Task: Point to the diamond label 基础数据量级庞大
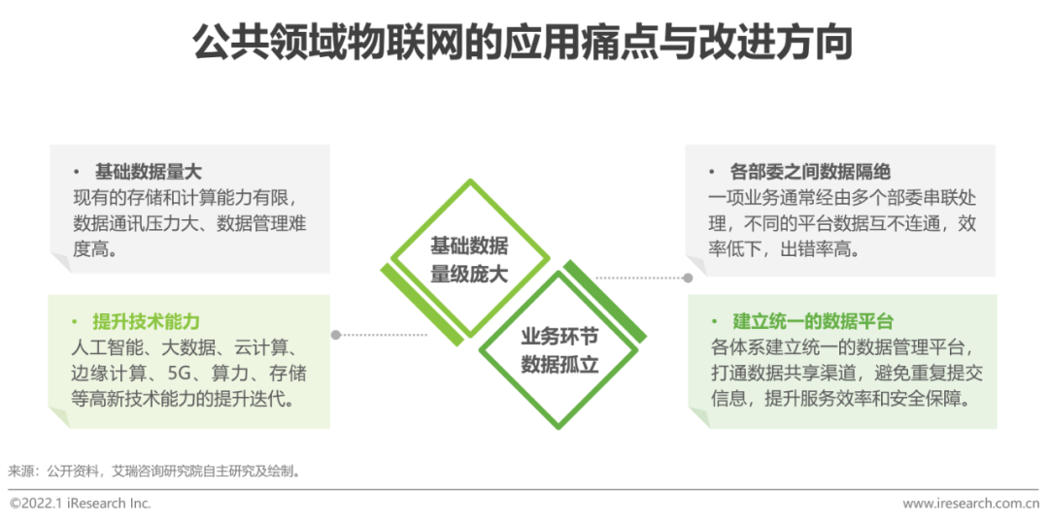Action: [469, 259]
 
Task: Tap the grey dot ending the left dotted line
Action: [336, 335]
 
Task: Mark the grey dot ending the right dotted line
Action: [688, 278]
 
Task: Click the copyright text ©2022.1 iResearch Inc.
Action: [80, 504]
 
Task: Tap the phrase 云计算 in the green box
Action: [275, 348]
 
